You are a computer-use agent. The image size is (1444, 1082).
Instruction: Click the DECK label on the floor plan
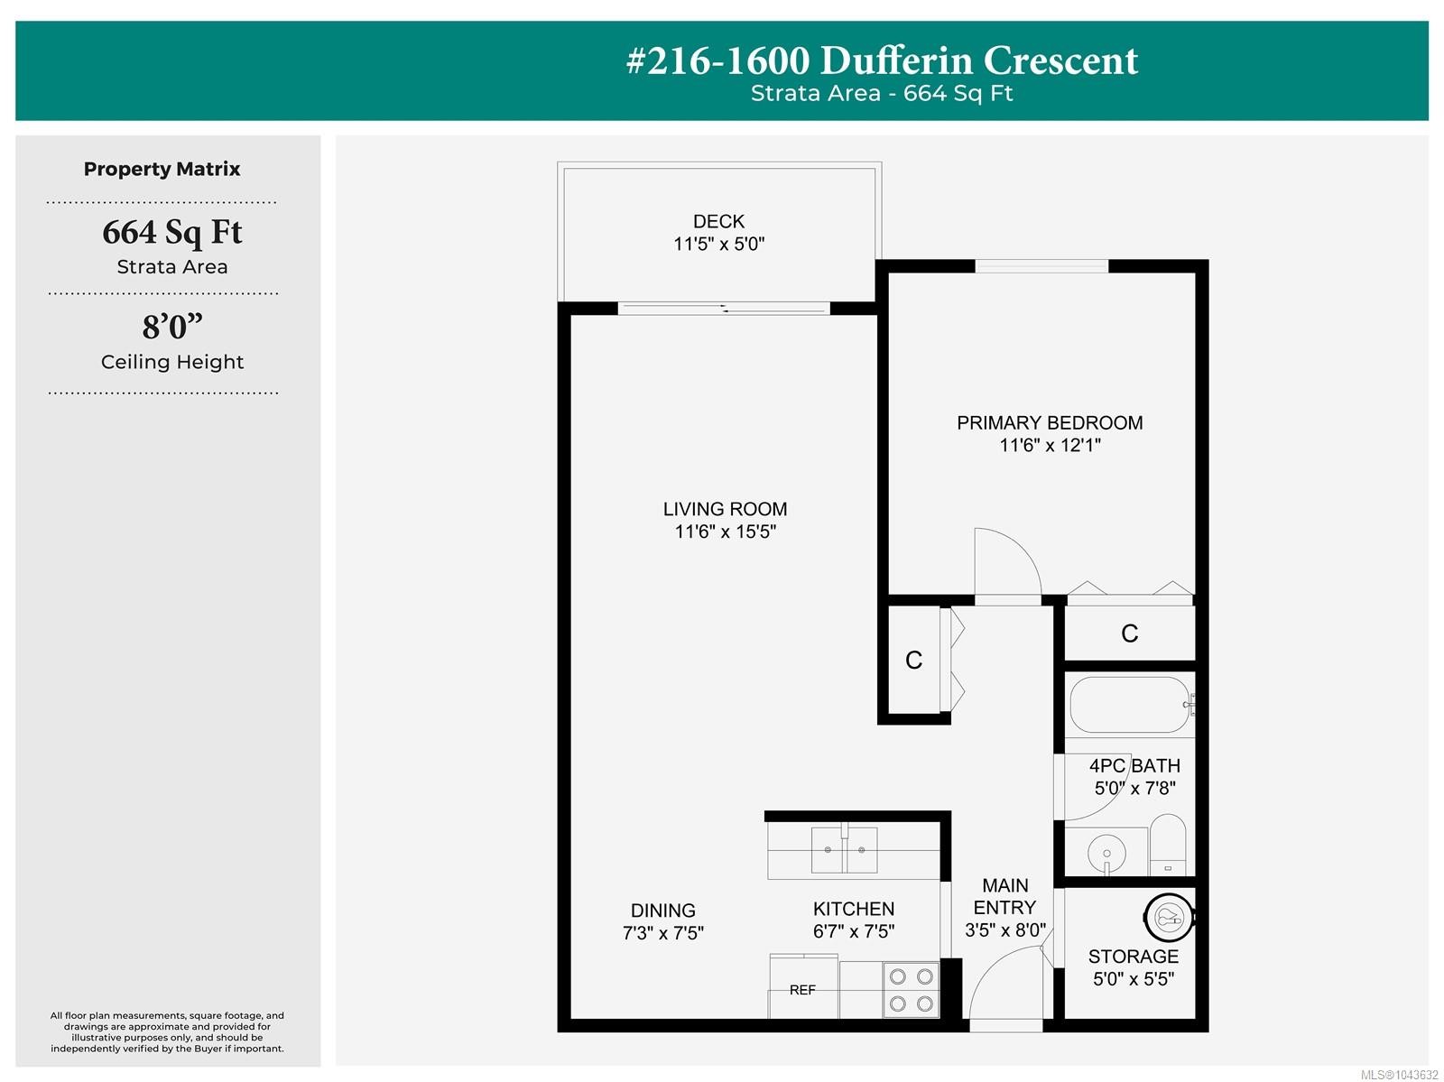(x=718, y=221)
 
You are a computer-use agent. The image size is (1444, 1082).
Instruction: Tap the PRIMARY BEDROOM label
(x=1050, y=422)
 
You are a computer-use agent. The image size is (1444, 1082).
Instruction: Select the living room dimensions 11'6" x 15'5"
(x=725, y=532)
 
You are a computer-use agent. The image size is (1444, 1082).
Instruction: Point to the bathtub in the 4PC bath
(x=1130, y=705)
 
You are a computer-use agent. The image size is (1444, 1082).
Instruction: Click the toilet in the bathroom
(x=1168, y=845)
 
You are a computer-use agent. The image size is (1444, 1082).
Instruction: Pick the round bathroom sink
(x=1106, y=854)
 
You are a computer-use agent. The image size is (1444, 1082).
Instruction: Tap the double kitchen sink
(x=844, y=850)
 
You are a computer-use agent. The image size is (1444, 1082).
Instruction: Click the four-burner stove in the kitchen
(x=912, y=991)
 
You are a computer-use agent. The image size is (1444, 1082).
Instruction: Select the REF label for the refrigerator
(x=802, y=990)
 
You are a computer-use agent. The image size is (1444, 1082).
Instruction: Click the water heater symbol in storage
(x=1169, y=916)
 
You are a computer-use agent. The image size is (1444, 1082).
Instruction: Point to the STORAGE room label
(x=1133, y=957)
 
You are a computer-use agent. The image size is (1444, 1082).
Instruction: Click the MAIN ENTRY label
(x=1004, y=896)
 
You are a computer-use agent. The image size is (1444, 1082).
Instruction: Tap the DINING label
(x=663, y=911)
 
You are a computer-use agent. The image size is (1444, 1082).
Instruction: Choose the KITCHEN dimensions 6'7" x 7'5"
(x=854, y=931)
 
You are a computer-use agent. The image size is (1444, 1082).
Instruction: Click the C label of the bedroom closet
(x=1130, y=633)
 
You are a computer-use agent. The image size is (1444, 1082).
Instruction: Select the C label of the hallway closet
(x=913, y=660)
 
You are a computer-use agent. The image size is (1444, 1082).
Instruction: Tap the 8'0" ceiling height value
(x=172, y=327)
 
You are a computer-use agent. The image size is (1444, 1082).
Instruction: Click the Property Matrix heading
(x=162, y=169)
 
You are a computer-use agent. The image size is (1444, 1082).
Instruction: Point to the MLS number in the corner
(x=1399, y=1075)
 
